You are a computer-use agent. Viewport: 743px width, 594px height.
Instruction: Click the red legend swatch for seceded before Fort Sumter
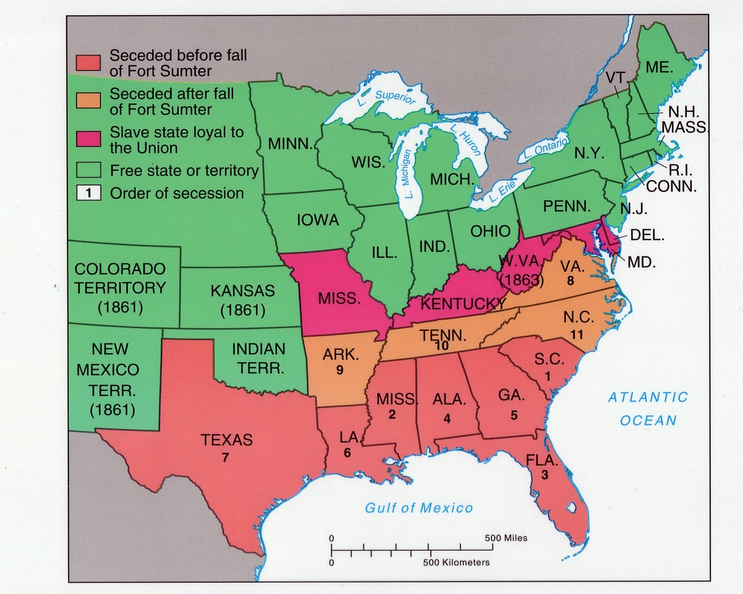tap(88, 63)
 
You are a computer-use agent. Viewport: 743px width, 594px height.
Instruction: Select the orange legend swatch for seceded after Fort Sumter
tap(88, 100)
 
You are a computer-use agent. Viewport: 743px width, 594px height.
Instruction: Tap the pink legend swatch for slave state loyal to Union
tap(88, 139)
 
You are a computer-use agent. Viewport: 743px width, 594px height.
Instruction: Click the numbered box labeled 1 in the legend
tap(89, 193)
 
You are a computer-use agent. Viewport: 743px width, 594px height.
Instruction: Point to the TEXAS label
tap(227, 440)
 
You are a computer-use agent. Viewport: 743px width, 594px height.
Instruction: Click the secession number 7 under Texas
tap(225, 457)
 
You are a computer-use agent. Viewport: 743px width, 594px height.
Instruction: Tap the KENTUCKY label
tap(462, 304)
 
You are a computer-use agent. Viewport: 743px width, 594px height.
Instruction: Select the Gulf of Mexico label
tap(419, 508)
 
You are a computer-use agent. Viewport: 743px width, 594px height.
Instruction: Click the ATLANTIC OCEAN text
tap(648, 409)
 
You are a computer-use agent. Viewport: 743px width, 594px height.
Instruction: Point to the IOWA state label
tap(318, 220)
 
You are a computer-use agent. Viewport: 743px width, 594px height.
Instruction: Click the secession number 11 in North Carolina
tap(577, 335)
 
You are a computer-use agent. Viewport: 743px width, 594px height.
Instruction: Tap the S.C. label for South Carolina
tap(549, 360)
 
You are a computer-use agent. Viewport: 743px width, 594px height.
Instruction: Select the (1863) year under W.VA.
tap(522, 280)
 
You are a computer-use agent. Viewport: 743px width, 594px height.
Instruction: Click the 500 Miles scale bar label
tap(506, 538)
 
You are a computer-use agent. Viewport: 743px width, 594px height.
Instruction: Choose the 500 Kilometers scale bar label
tap(456, 563)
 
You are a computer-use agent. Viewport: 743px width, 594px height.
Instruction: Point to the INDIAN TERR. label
tap(258, 359)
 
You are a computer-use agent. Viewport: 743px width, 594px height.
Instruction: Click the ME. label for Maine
tap(659, 67)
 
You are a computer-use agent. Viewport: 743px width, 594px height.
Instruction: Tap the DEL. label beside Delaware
tap(647, 235)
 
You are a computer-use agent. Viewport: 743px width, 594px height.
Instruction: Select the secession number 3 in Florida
tap(545, 475)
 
